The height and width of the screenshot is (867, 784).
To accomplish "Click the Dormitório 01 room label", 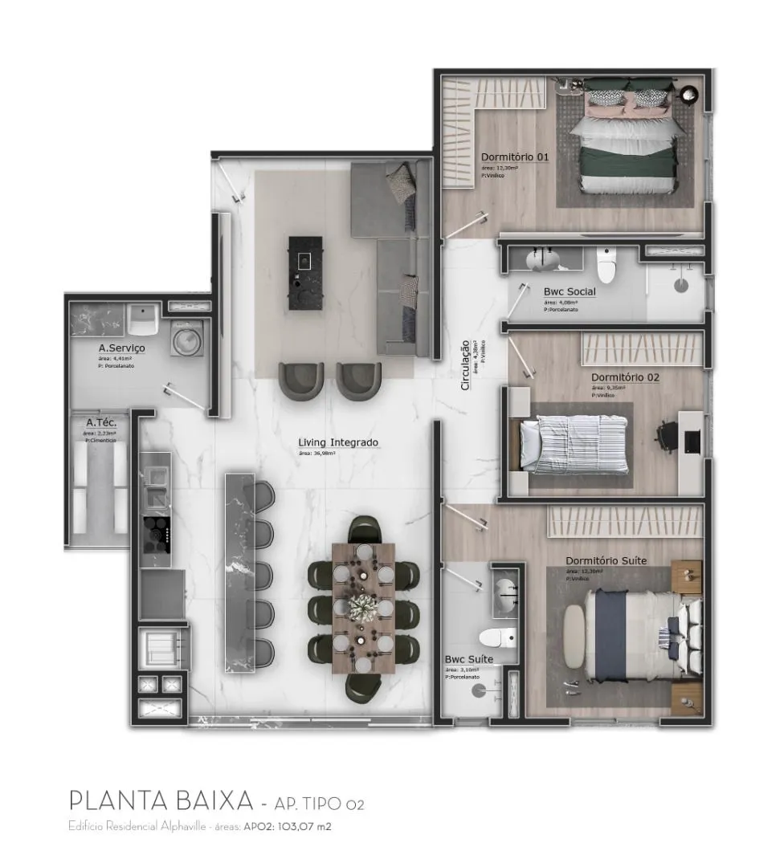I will (x=514, y=157).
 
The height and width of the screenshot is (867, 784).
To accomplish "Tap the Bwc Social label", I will (x=570, y=291).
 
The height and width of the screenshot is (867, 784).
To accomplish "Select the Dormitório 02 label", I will (x=625, y=377).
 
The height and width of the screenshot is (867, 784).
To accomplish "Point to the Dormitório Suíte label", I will (x=606, y=560).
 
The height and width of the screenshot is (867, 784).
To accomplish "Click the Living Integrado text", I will (x=338, y=442).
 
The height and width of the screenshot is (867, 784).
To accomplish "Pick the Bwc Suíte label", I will (x=469, y=659).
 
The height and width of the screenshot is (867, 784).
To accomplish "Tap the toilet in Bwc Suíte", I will (x=496, y=638).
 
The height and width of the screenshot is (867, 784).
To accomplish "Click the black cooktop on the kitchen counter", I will (x=157, y=531).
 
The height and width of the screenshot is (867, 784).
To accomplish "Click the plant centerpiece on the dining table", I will (x=363, y=604).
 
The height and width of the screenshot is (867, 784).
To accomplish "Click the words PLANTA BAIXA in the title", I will (x=161, y=801).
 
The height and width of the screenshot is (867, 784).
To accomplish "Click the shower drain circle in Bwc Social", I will (x=681, y=282).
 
